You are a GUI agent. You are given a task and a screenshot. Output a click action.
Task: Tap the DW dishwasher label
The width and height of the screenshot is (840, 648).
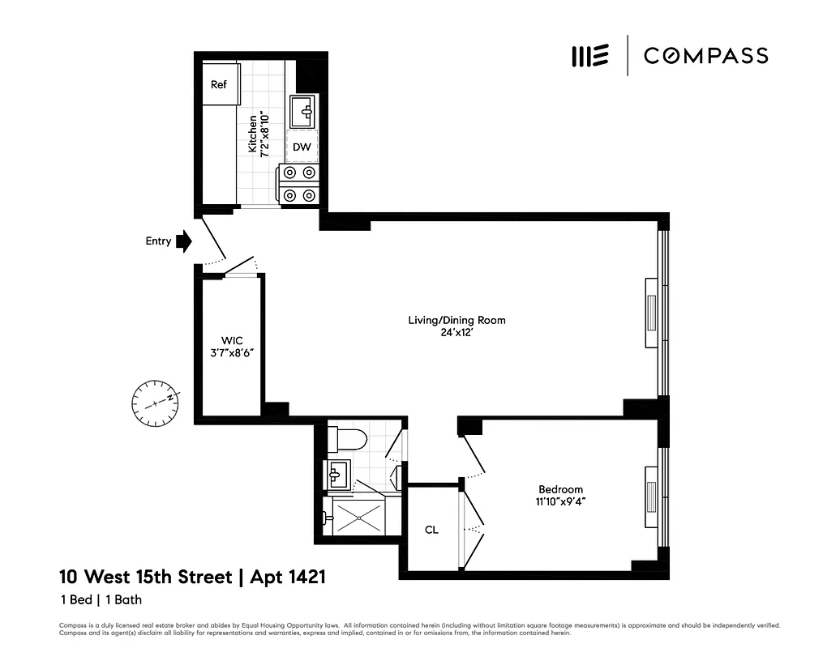coord(302,147)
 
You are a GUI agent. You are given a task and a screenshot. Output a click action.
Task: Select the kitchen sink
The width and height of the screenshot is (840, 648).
coord(304,111)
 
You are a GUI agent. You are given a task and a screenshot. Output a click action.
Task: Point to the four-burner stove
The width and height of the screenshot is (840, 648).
coord(298,183)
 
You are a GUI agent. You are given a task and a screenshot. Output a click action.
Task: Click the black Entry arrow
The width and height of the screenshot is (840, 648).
coord(184,241)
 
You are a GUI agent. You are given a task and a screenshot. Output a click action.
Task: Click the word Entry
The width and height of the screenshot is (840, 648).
coord(158,241)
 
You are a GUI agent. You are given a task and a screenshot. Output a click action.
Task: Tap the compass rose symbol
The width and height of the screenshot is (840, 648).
coord(155,402)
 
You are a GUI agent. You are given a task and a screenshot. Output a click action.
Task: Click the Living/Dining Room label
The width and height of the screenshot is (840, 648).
coord(456,320)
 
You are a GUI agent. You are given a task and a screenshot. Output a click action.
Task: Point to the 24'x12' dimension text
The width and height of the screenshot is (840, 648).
coord(456,333)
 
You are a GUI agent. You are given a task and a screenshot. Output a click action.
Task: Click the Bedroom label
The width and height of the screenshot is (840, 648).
coord(561,489)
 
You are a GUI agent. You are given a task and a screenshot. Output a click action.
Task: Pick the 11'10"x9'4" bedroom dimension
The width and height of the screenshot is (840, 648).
coord(561,501)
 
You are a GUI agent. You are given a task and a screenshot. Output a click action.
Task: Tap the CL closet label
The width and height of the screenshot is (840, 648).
coord(432,530)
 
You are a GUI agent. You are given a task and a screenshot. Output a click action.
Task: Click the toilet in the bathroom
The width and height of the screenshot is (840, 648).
coord(346,440)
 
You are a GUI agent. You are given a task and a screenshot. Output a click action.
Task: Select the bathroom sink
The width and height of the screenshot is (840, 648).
coord(339,474)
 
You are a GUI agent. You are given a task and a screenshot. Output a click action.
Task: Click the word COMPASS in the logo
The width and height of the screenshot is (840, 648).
coord(705,55)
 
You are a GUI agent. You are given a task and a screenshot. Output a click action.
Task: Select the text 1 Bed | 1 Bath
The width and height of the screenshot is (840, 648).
coord(101,600)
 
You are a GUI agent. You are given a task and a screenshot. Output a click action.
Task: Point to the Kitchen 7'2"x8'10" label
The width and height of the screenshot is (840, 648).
coord(257,134)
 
